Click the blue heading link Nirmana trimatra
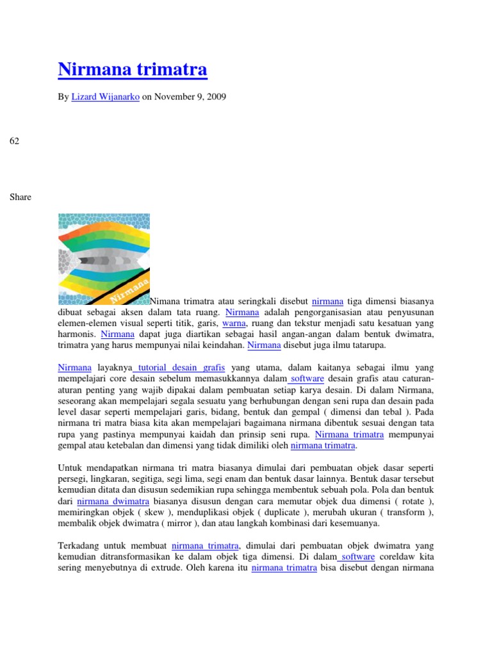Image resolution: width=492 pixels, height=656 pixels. pos(133,69)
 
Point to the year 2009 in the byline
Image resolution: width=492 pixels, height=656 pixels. pos(215,97)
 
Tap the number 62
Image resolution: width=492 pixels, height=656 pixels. pos(14,140)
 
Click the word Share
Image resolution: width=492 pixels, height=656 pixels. pos(20,197)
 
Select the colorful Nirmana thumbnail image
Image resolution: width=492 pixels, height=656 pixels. pos(104,259)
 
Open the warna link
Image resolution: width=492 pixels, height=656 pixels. pos(234,324)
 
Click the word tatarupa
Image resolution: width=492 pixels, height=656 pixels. pos(367,345)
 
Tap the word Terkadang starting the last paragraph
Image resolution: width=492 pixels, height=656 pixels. pos(78,546)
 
